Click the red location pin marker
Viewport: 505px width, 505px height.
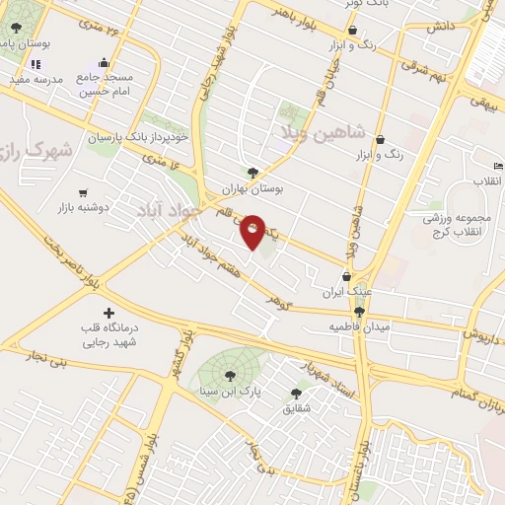pos(252,231)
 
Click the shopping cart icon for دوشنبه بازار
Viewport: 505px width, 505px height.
pos(84,193)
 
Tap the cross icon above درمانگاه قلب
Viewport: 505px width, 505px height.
pos(108,313)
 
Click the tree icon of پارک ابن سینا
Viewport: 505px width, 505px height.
pos(230,375)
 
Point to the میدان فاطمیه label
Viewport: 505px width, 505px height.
pos(359,325)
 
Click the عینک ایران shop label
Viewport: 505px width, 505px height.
pos(346,293)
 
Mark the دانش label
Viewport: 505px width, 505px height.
pos(439,27)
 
